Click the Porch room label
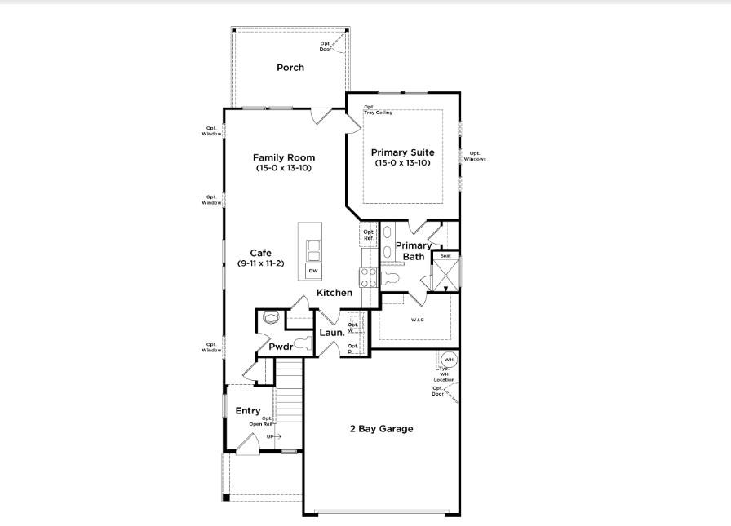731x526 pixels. pyautogui.click(x=290, y=68)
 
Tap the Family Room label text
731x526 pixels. pyautogui.click(x=283, y=157)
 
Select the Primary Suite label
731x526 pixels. pyautogui.click(x=402, y=152)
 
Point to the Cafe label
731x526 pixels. pyautogui.click(x=260, y=253)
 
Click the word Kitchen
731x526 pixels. pyautogui.click(x=334, y=293)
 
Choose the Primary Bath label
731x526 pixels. pyautogui.click(x=414, y=251)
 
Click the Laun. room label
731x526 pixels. pyautogui.click(x=331, y=333)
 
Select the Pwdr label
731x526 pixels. pyautogui.click(x=281, y=347)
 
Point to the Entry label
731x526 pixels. pyautogui.click(x=248, y=411)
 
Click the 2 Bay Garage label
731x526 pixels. pyautogui.click(x=382, y=429)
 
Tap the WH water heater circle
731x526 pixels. pyautogui.click(x=449, y=360)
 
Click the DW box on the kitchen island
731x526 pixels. pyautogui.click(x=313, y=270)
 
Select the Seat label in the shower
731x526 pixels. pyautogui.click(x=445, y=256)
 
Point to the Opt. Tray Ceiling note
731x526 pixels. pyautogui.click(x=378, y=110)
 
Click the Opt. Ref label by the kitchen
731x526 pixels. pyautogui.click(x=368, y=235)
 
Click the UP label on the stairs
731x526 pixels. pyautogui.click(x=270, y=437)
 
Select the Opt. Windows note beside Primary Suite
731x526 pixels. pyautogui.click(x=475, y=157)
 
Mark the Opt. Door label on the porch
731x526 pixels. pyautogui.click(x=326, y=47)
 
